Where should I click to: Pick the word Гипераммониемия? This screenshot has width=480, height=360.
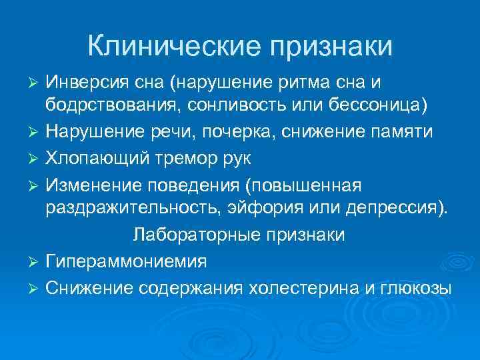click(126, 261)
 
